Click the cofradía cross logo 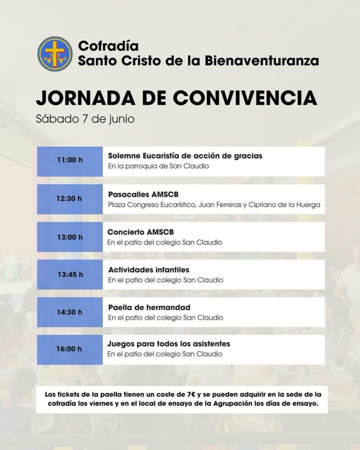[55, 54]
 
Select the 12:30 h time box [70, 199]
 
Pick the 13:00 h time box [70, 237]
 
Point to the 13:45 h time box [70, 275]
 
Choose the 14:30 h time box [70, 312]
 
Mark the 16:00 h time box [70, 350]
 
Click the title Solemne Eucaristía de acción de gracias [185, 156]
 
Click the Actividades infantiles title [149, 269]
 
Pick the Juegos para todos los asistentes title [169, 344]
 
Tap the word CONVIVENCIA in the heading [235, 98]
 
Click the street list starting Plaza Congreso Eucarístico [214, 205]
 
